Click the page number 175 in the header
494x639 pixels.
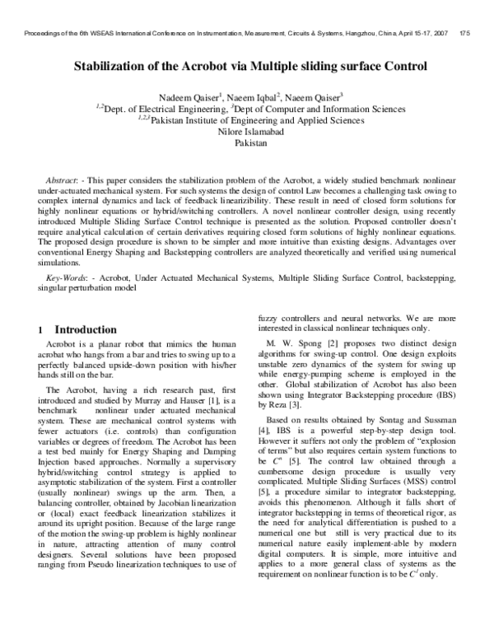tap(464, 33)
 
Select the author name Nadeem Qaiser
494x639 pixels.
tap(184, 96)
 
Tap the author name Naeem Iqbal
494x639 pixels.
tap(252, 96)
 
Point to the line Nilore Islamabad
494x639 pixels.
tap(252, 130)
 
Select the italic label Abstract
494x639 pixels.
tap(62, 179)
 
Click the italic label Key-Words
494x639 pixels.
tap(66, 279)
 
